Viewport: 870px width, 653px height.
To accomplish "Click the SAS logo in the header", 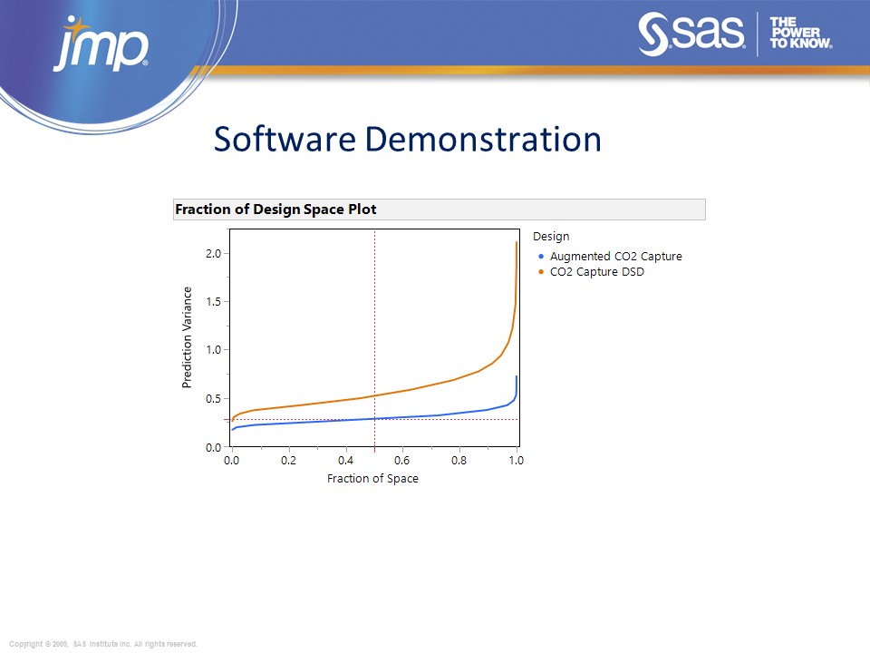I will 692,34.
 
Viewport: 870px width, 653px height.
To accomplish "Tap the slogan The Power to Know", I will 800,34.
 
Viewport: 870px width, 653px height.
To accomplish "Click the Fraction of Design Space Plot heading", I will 275,210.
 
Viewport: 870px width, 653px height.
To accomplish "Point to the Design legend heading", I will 551,237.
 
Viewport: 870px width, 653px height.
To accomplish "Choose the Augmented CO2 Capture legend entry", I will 615,257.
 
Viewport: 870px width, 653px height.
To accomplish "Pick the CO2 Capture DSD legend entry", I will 596,272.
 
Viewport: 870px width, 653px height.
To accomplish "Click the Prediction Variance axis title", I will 188,337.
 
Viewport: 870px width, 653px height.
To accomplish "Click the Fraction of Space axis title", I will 372,479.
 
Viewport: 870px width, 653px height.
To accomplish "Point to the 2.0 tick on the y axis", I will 213,254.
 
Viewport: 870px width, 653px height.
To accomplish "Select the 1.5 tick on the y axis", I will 213,302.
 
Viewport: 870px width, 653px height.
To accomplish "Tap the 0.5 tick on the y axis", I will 213,399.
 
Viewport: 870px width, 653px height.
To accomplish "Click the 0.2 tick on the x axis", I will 288,461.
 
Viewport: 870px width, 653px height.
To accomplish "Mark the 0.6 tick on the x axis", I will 402,461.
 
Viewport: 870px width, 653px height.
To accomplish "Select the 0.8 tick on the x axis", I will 459,461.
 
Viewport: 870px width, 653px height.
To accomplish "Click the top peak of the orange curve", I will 517,242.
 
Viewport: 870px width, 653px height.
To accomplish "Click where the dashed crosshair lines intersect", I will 374,419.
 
